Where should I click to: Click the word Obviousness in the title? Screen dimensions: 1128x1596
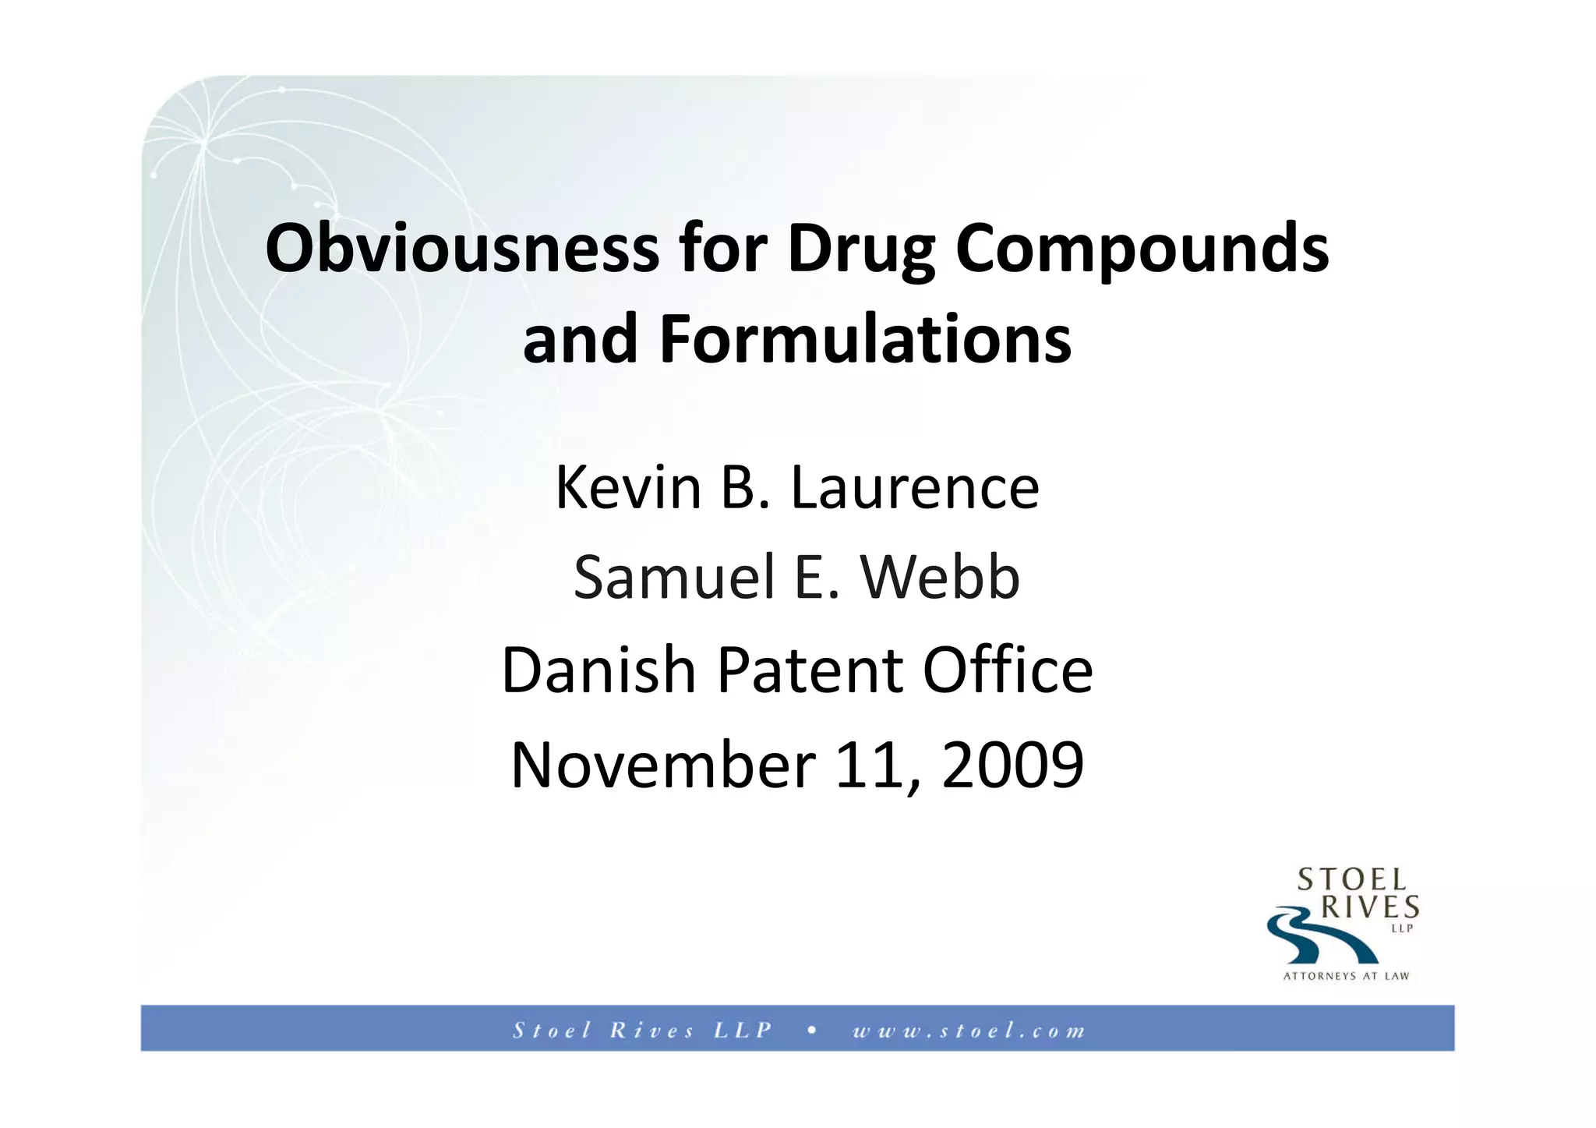coord(461,249)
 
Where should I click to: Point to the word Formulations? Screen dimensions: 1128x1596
coord(865,339)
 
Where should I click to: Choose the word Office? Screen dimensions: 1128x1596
coord(1008,670)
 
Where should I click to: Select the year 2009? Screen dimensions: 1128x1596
coord(1012,764)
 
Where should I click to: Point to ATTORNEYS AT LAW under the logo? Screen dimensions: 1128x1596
coord(1346,976)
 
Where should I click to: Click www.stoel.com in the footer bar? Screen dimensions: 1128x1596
coord(969,1031)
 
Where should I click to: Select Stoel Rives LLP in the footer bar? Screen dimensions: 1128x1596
coord(642,1031)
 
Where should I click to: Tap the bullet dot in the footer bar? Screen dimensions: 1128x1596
coord(812,1030)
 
